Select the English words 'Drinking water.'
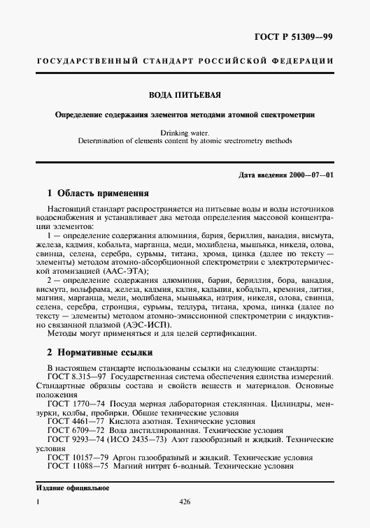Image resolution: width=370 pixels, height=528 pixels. pyautogui.click(x=185, y=131)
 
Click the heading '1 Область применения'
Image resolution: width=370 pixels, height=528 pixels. pyautogui.click(x=97, y=193)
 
